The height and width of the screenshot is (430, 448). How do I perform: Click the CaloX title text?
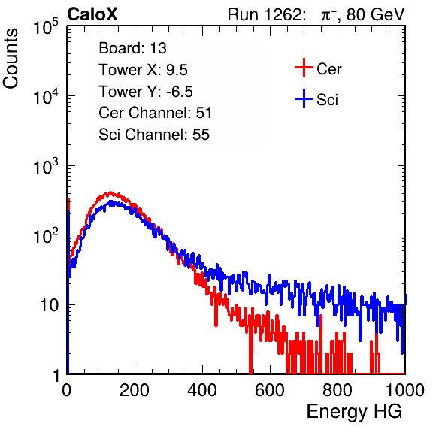[92, 14]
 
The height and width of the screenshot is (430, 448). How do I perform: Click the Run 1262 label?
[265, 14]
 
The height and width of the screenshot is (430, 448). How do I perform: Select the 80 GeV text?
[375, 15]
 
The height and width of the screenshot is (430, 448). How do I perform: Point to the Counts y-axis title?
[11, 59]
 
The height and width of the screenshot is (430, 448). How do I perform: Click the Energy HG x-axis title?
[354, 412]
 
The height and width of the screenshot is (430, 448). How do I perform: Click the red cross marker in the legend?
[304, 68]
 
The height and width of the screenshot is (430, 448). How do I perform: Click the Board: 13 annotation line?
[132, 48]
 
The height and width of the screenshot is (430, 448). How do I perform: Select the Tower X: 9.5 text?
[143, 70]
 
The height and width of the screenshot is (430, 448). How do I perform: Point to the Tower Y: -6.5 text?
[146, 92]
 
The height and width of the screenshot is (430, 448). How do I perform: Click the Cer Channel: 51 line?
[155, 113]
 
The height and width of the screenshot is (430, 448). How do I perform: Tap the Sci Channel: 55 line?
[154, 135]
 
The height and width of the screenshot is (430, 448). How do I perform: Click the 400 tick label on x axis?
[202, 390]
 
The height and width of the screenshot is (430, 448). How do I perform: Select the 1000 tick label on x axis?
[405, 390]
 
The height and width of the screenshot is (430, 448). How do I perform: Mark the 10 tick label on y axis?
[49, 305]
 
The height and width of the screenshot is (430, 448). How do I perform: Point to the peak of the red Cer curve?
[110, 192]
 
